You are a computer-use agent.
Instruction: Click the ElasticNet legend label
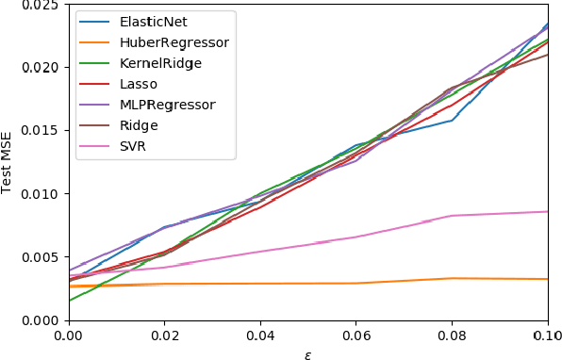coord(153,22)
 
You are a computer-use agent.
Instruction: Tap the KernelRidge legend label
coord(161,63)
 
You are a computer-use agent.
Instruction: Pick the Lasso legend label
coord(140,84)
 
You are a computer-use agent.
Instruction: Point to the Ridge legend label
coord(139,125)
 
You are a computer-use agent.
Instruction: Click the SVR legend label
coord(134,146)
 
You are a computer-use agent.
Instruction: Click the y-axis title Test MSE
coord(8,161)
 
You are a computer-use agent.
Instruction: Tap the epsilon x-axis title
coord(307,353)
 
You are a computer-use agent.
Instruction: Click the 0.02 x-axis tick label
coord(164,335)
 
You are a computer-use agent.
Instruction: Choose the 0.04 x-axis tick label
coord(260,335)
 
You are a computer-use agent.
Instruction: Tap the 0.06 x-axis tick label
coord(355,335)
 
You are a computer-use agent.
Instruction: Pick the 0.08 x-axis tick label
coord(452,335)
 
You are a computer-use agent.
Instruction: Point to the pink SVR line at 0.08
coord(452,216)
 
